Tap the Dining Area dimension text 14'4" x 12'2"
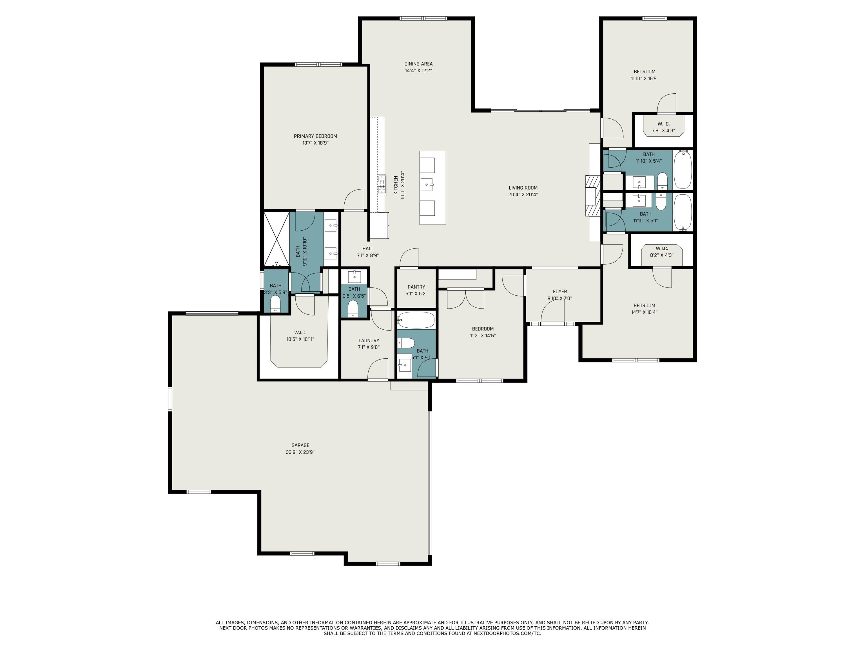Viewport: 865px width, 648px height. click(418, 71)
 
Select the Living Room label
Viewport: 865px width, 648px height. click(523, 188)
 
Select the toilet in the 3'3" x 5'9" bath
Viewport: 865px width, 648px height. click(276, 303)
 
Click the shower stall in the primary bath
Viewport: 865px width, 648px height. click(277, 239)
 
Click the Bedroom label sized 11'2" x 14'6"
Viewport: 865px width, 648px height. click(483, 329)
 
